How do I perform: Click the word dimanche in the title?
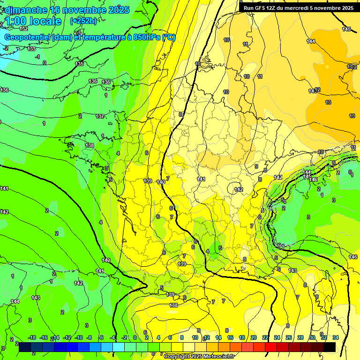click(26, 10)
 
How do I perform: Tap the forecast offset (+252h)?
click(83, 21)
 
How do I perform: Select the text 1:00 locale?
click(33, 21)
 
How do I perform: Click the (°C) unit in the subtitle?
click(169, 37)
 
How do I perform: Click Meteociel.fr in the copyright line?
click(217, 357)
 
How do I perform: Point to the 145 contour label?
click(346, 30)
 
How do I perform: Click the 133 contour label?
click(31, 49)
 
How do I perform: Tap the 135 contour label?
click(79, 64)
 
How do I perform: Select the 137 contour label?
click(100, 116)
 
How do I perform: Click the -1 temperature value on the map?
click(37, 56)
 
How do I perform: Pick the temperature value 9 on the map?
click(256, 166)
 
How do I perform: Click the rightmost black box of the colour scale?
click(330, 346)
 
